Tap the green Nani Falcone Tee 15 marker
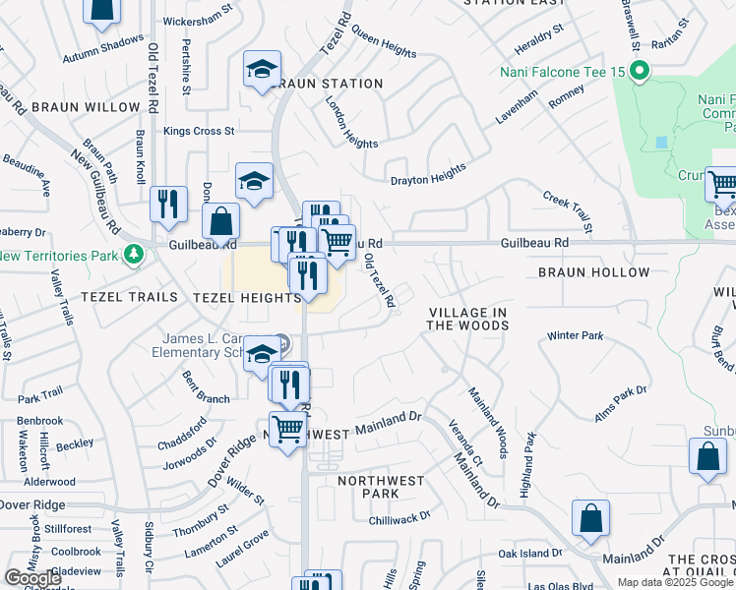click(640, 70)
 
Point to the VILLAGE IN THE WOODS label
click(468, 319)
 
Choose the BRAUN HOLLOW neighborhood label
click(593, 272)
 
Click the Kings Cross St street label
click(199, 131)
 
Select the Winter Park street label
click(575, 336)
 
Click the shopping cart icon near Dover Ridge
click(287, 430)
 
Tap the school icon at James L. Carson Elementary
click(261, 353)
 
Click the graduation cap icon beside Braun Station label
click(263, 70)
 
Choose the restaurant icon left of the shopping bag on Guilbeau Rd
click(168, 204)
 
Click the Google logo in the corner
click(32, 578)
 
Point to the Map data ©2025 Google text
click(675, 582)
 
